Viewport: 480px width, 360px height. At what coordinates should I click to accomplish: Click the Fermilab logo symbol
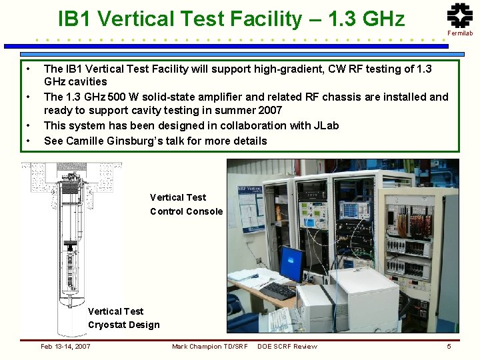[459, 15]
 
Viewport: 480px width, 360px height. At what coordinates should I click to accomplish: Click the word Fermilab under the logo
[460, 33]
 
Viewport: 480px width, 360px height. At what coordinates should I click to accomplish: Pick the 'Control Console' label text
[186, 211]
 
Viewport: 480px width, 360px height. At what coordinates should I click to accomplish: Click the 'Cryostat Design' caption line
[124, 325]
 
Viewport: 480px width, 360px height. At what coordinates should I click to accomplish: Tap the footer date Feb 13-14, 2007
[65, 346]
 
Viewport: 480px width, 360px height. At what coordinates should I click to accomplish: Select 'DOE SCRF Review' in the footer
[287, 346]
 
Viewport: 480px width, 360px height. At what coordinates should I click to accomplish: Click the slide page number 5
[449, 346]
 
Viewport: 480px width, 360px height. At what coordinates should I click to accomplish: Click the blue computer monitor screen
[291, 264]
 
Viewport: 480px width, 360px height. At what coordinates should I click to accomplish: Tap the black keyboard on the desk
[277, 291]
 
